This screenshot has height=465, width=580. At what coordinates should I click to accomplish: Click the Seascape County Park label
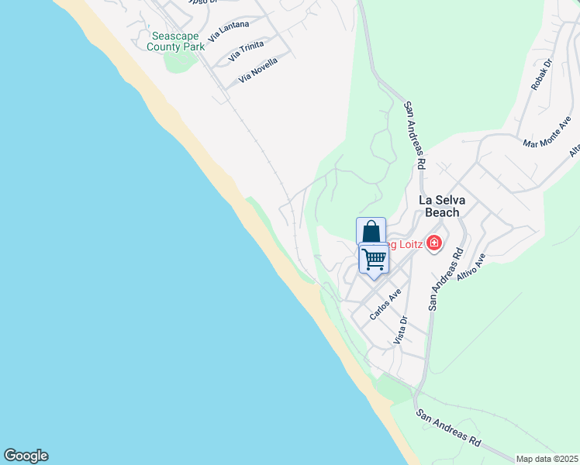(177, 41)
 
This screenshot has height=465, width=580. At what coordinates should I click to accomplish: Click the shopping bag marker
(371, 232)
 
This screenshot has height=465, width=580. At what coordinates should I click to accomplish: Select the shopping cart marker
(374, 259)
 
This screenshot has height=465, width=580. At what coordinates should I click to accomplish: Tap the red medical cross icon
(433, 244)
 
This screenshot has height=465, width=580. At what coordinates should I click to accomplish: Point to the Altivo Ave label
(471, 265)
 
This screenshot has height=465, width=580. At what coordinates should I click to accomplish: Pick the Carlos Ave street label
(385, 305)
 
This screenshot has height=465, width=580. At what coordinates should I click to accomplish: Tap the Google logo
(26, 456)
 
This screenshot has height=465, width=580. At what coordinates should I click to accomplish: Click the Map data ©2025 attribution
(547, 459)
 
